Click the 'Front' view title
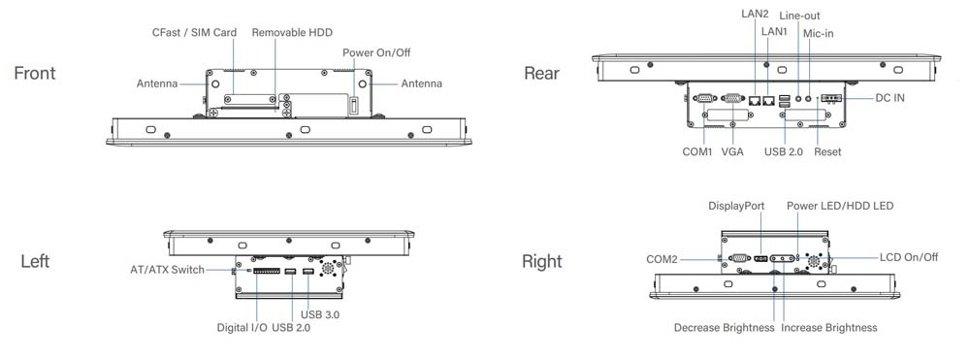tap(35, 74)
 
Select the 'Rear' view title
tap(541, 74)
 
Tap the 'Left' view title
tap(35, 261)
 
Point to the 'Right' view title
tap(542, 261)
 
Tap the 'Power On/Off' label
tap(375, 51)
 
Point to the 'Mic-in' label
tap(819, 33)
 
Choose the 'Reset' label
tap(827, 152)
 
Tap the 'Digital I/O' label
tap(242, 328)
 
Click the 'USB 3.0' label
tap(319, 314)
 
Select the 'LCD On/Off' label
tap(908, 257)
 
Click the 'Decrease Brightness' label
tap(724, 328)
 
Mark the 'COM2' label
tap(666, 258)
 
